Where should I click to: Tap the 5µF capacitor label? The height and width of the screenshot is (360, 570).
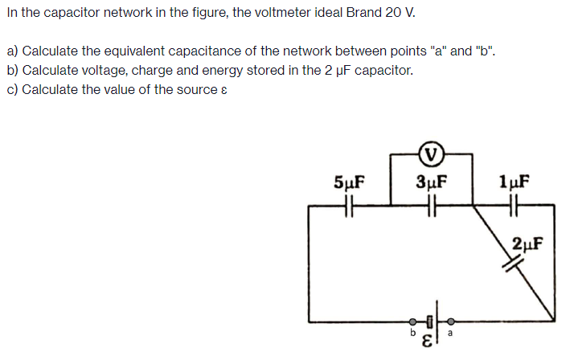348,181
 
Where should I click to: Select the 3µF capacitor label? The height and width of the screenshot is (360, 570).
432,181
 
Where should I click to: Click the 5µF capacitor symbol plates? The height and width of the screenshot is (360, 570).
349,207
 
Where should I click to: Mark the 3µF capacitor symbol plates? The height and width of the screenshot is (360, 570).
432,207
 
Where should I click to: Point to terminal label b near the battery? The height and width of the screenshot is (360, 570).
412,332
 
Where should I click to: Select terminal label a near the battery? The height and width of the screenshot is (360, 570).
450,332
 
